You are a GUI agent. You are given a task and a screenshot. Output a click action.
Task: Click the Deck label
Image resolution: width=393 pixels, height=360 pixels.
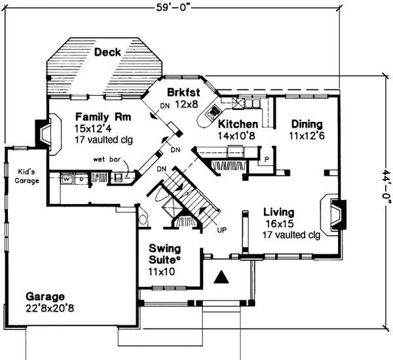107,52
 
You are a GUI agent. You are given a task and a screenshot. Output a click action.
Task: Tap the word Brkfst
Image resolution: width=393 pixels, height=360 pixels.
183,92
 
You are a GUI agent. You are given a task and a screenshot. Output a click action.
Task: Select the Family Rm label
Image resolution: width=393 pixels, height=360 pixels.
102,117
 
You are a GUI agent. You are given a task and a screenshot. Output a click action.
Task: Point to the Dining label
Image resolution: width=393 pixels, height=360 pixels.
307,124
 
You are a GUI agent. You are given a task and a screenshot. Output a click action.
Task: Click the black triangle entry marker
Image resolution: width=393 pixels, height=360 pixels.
223,277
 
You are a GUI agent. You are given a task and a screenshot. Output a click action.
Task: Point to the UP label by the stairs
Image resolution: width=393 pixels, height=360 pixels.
221,230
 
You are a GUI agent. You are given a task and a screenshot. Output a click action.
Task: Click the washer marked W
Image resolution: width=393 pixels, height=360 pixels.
67,178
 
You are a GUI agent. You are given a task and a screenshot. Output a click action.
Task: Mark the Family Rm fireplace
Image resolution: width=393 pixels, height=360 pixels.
43,134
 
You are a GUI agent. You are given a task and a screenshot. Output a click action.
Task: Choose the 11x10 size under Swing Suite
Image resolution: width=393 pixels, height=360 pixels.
161,271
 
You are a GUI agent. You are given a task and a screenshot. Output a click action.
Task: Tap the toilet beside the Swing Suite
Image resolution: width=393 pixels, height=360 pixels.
142,218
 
